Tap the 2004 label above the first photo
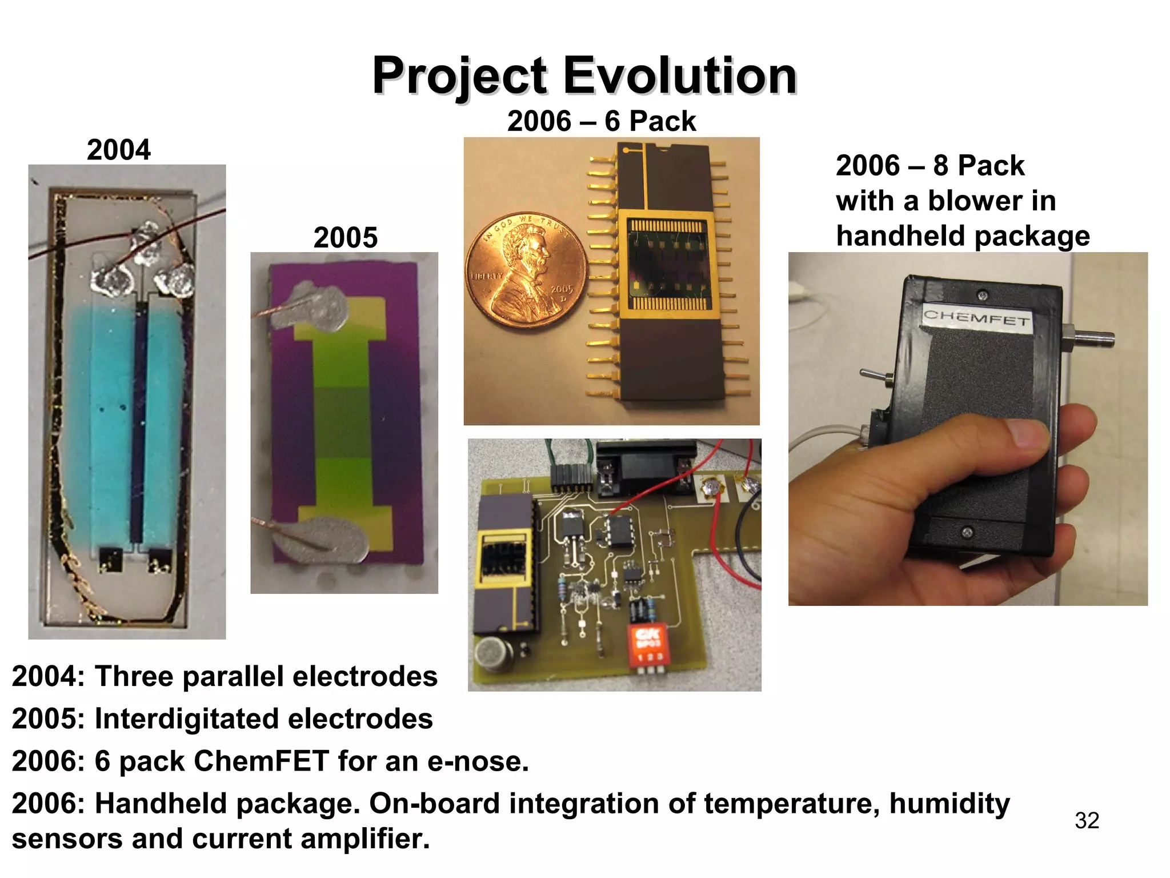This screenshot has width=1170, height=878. tap(118, 150)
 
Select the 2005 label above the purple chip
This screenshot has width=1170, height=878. tap(345, 237)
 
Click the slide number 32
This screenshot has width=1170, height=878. tap(1087, 821)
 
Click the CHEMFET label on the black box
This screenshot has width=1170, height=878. tap(976, 317)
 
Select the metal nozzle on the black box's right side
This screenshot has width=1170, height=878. tap(1091, 340)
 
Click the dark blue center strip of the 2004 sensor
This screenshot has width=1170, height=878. tap(137, 423)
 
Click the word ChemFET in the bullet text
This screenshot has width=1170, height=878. tap(261, 761)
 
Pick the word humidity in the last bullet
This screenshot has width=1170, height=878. tap(949, 803)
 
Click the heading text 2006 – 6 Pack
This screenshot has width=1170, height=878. tap(601, 121)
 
